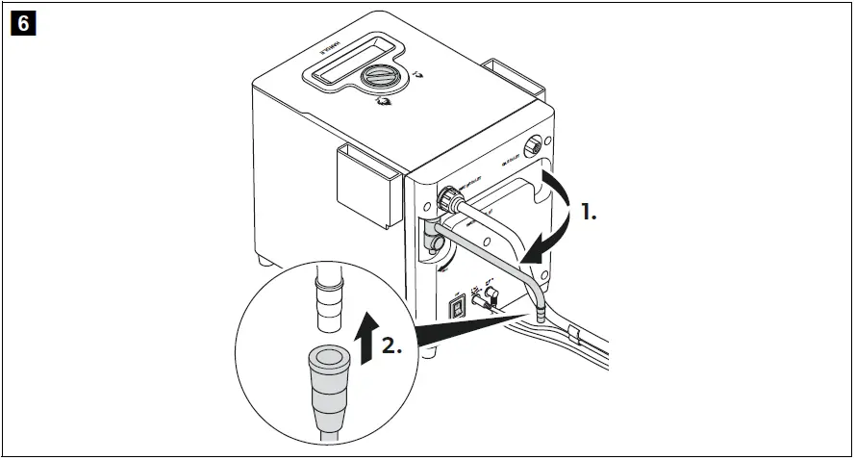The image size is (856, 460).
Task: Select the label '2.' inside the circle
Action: (x=390, y=346)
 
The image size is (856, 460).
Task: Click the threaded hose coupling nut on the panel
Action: (x=447, y=201)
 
